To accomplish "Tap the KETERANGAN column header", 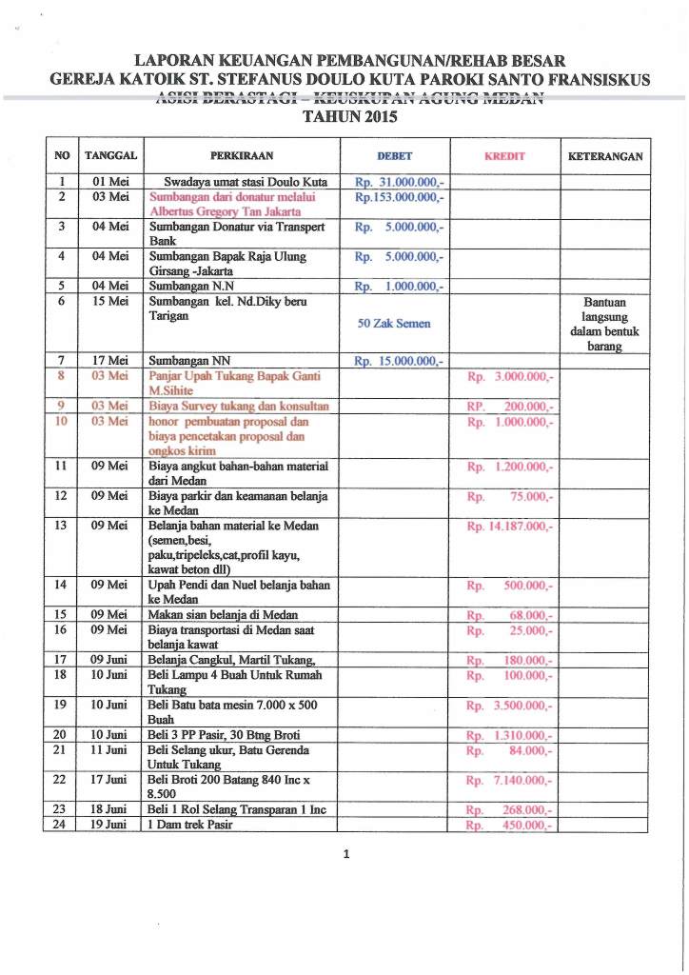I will [604, 156].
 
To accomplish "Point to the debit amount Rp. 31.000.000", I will [398, 181].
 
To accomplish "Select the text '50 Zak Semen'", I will [394, 323].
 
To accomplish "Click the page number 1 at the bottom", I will [347, 855].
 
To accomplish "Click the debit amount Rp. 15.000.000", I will [398, 361].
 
